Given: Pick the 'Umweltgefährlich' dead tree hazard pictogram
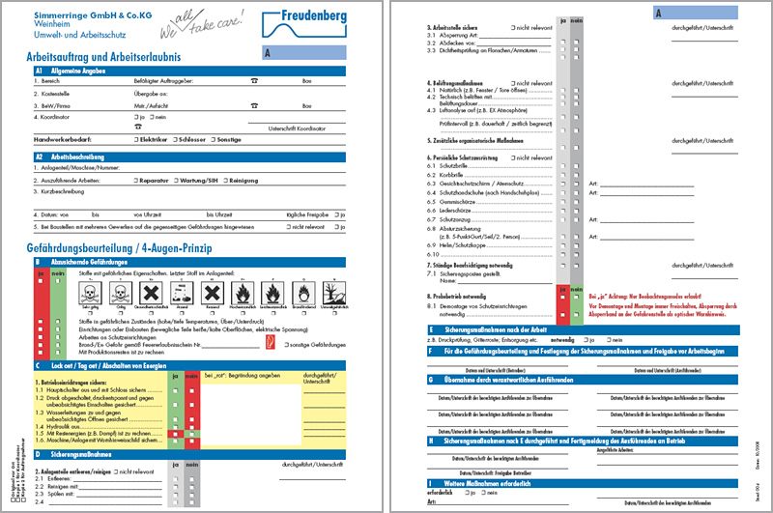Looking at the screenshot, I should point(329,291).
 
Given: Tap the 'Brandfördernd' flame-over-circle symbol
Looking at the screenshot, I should point(301,291).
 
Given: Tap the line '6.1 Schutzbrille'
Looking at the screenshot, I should point(453,165).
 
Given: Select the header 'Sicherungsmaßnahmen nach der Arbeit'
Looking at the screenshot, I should point(501,329).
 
